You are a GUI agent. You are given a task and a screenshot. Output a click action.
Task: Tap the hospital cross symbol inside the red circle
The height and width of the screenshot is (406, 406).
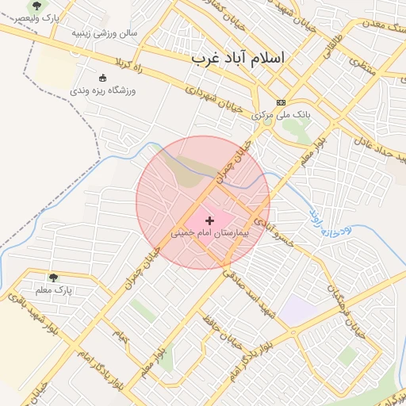click(x=210, y=220)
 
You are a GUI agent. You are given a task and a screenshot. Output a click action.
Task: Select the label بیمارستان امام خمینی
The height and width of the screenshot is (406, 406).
click(x=210, y=235)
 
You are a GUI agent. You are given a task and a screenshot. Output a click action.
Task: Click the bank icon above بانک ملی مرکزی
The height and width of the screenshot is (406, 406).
click(x=281, y=102)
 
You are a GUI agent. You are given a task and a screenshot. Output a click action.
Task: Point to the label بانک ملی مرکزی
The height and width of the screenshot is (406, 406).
click(x=281, y=115)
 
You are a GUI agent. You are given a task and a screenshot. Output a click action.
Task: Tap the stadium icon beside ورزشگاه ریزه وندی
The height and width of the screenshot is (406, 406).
click(x=102, y=78)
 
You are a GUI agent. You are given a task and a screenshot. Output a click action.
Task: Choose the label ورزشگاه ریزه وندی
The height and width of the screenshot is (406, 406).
click(x=103, y=91)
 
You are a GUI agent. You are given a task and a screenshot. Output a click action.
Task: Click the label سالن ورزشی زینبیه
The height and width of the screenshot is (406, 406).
click(x=105, y=33)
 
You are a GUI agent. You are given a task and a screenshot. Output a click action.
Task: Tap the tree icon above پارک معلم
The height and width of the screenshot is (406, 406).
click(x=53, y=278)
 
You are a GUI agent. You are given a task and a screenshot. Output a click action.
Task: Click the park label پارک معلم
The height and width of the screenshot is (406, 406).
click(x=54, y=291)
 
